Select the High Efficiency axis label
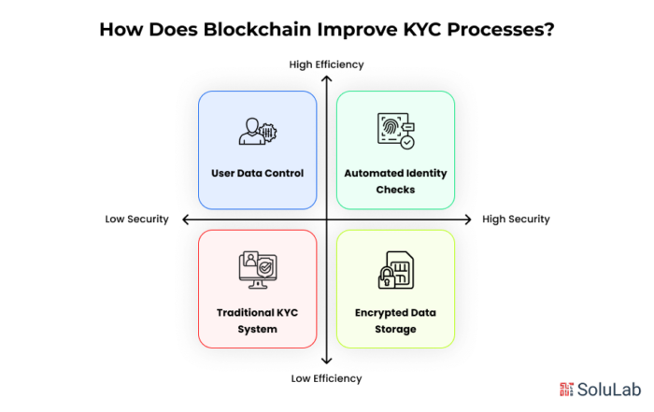click(x=326, y=64)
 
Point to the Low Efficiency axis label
click(x=326, y=378)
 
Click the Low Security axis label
click(x=136, y=220)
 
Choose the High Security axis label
click(x=516, y=220)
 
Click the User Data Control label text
click(x=257, y=173)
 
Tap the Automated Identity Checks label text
click(x=395, y=181)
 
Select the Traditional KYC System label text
click(x=257, y=320)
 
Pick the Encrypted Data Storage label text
click(x=395, y=320)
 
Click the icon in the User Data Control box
click(x=257, y=132)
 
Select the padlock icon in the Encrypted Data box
click(x=386, y=277)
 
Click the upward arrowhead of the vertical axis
click(x=326, y=79)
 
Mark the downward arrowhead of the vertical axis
click(x=326, y=362)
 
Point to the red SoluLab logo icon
click(x=567, y=389)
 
